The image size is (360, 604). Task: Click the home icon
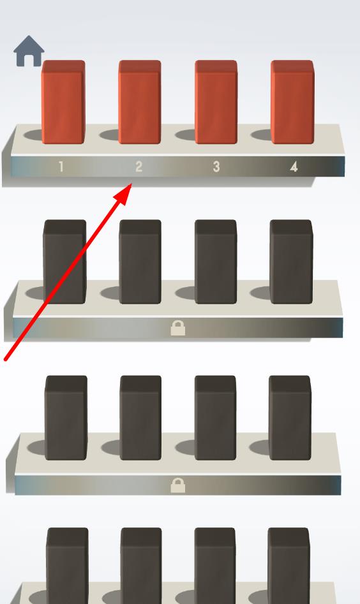pyautogui.click(x=29, y=51)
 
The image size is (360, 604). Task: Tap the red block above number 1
pyautogui.click(x=63, y=102)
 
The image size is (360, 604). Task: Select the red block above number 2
pyautogui.click(x=140, y=102)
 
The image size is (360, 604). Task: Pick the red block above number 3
pyautogui.click(x=216, y=102)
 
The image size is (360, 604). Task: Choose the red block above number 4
pyautogui.click(x=292, y=102)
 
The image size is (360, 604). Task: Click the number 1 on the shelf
pyautogui.click(x=61, y=167)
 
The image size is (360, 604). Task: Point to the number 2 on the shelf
pyautogui.click(x=139, y=167)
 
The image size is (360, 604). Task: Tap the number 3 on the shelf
pyautogui.click(x=216, y=167)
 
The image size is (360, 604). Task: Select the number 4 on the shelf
pyautogui.click(x=294, y=167)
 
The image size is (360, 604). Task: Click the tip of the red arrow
pyautogui.click(x=131, y=184)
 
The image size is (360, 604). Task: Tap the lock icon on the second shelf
pyautogui.click(x=177, y=328)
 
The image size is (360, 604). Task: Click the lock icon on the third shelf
pyautogui.click(x=177, y=486)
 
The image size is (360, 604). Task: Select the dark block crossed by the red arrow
pyautogui.click(x=64, y=262)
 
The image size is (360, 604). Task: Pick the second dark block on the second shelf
pyautogui.click(x=140, y=262)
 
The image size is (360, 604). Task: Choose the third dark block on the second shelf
pyautogui.click(x=216, y=262)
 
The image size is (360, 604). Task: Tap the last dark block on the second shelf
pyautogui.click(x=291, y=262)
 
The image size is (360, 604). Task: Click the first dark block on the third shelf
pyautogui.click(x=66, y=418)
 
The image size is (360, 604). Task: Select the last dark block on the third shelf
pyautogui.click(x=290, y=418)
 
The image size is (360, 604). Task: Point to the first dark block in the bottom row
pyautogui.click(x=67, y=566)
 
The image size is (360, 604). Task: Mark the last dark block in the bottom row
pyautogui.click(x=289, y=566)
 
